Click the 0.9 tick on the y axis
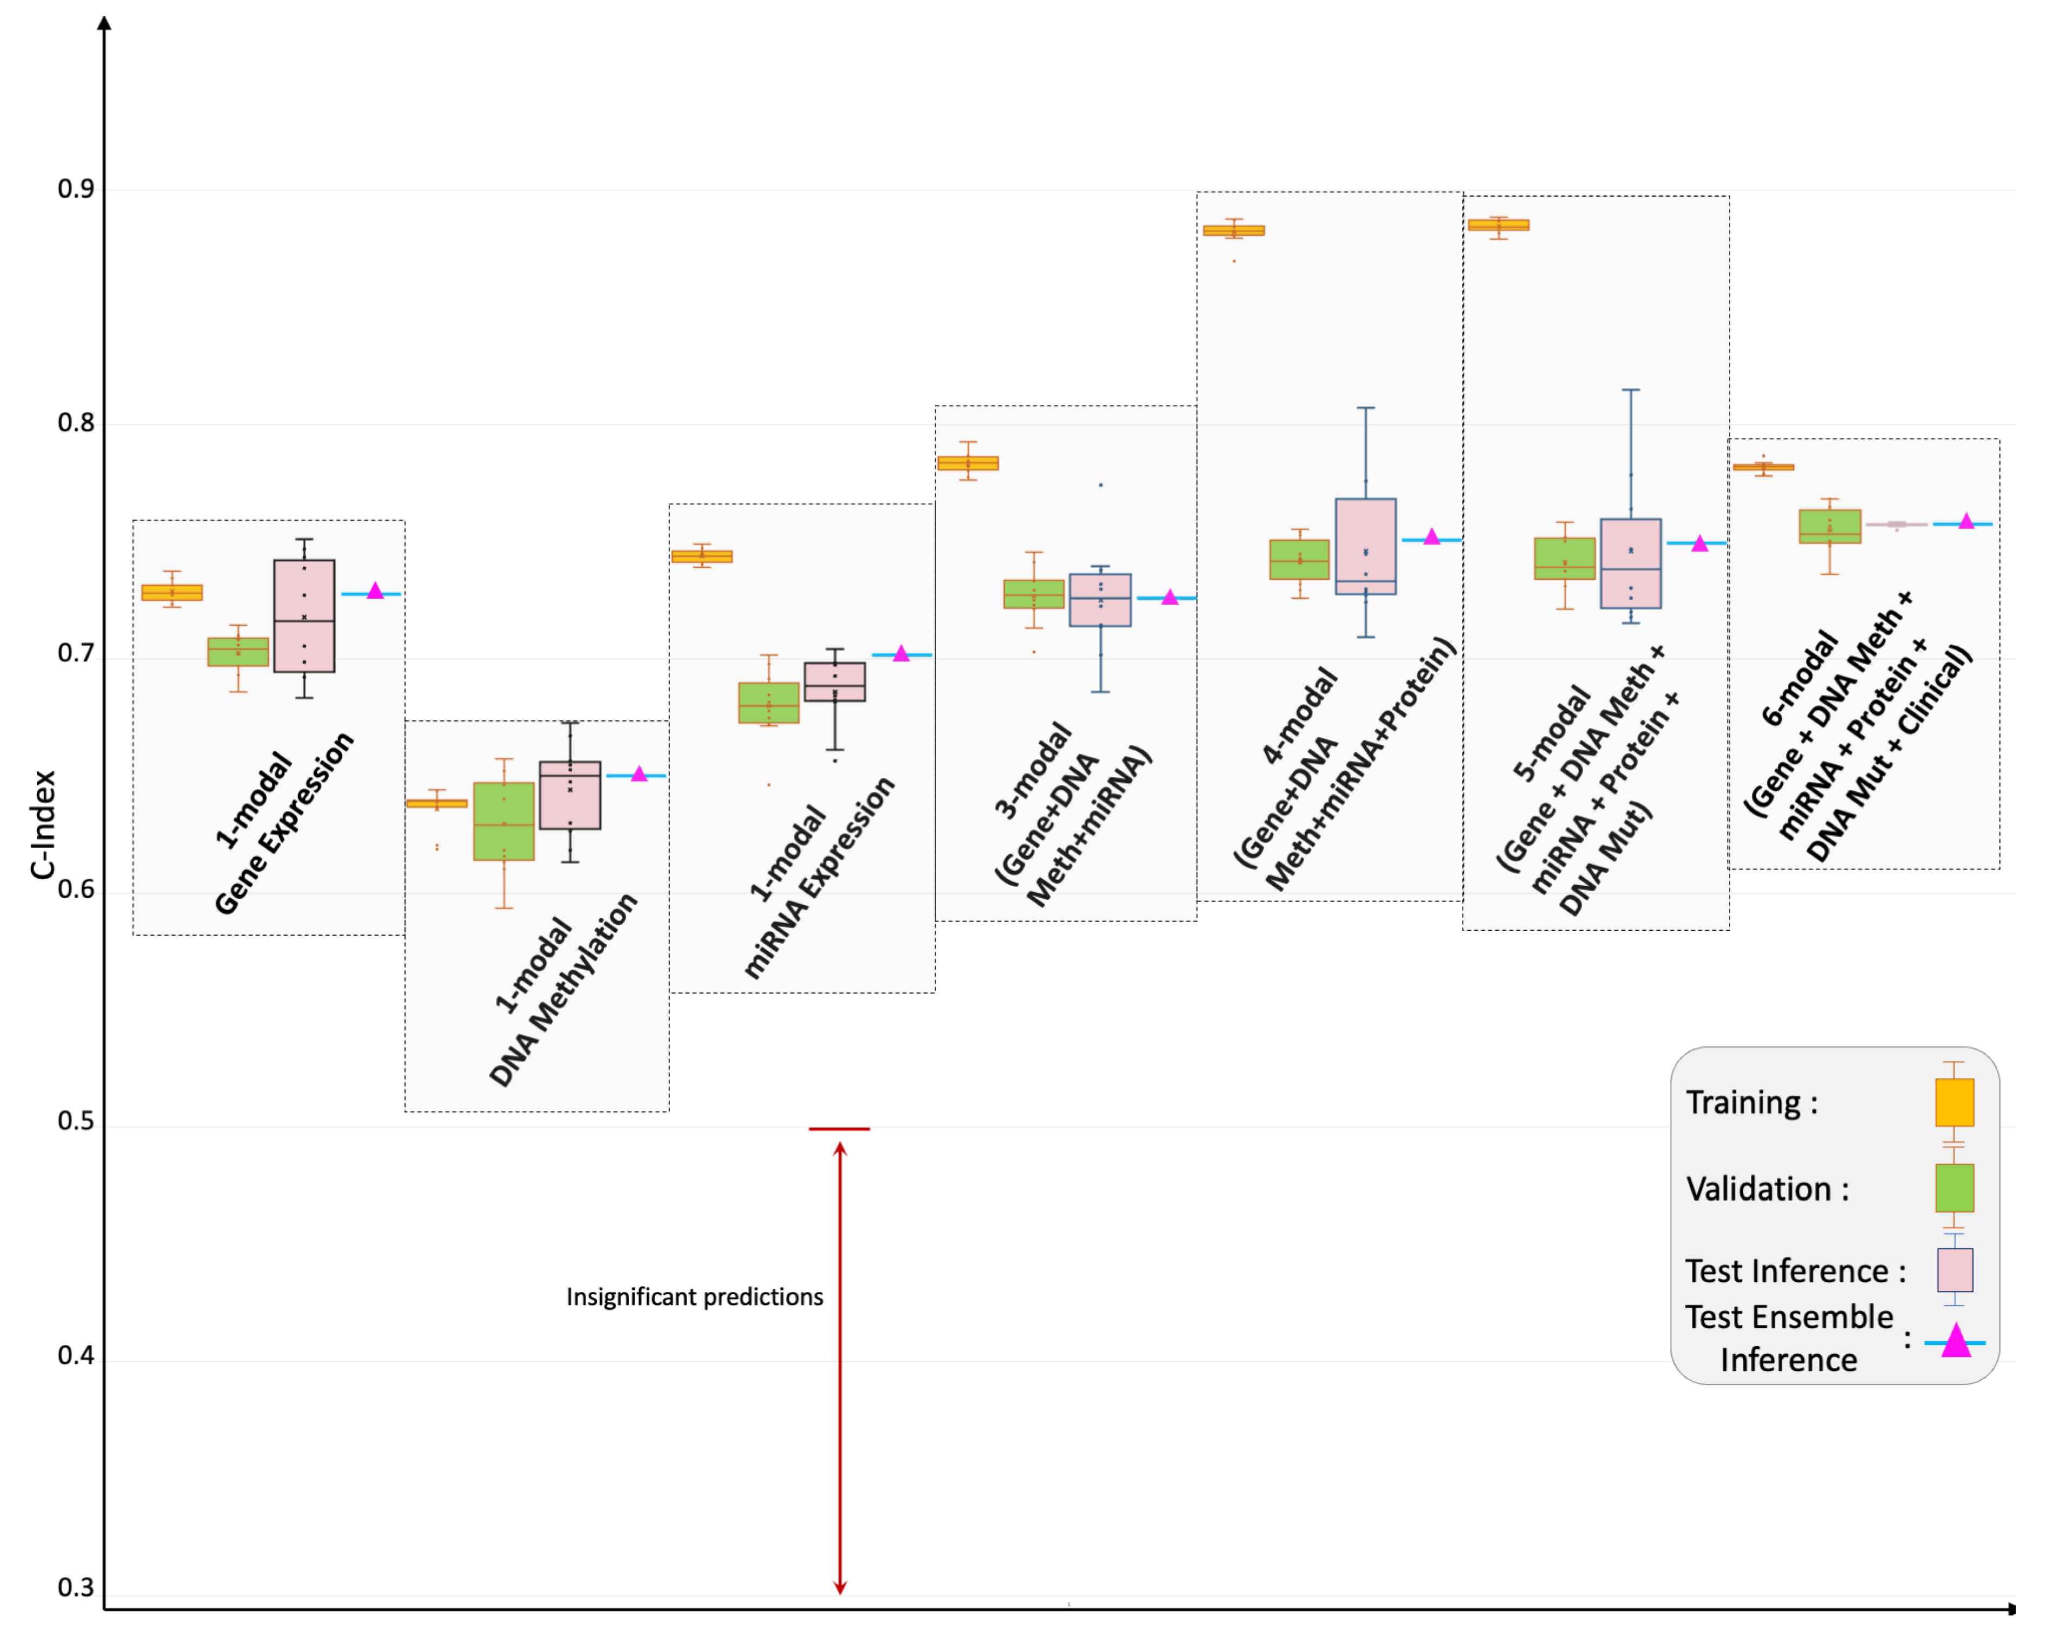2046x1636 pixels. pyautogui.click(x=76, y=189)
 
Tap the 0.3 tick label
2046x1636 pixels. pyautogui.click(x=76, y=1588)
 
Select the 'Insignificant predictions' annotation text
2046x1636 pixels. pyautogui.click(x=695, y=1297)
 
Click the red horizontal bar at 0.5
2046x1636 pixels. pyautogui.click(x=839, y=1129)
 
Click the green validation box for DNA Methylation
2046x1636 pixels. pyautogui.click(x=504, y=822)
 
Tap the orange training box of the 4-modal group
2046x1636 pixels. pyautogui.click(x=1234, y=230)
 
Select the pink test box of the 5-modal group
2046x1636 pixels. pyautogui.click(x=1630, y=564)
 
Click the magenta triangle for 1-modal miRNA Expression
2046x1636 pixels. pyautogui.click(x=901, y=654)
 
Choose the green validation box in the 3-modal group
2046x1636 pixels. pyautogui.click(x=1033, y=594)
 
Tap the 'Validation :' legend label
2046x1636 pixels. pyautogui.click(x=1767, y=1189)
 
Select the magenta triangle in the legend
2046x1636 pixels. pyautogui.click(x=1956, y=1342)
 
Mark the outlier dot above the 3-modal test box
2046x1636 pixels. pyautogui.click(x=1101, y=485)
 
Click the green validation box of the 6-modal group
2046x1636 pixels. pyautogui.click(x=1830, y=527)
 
